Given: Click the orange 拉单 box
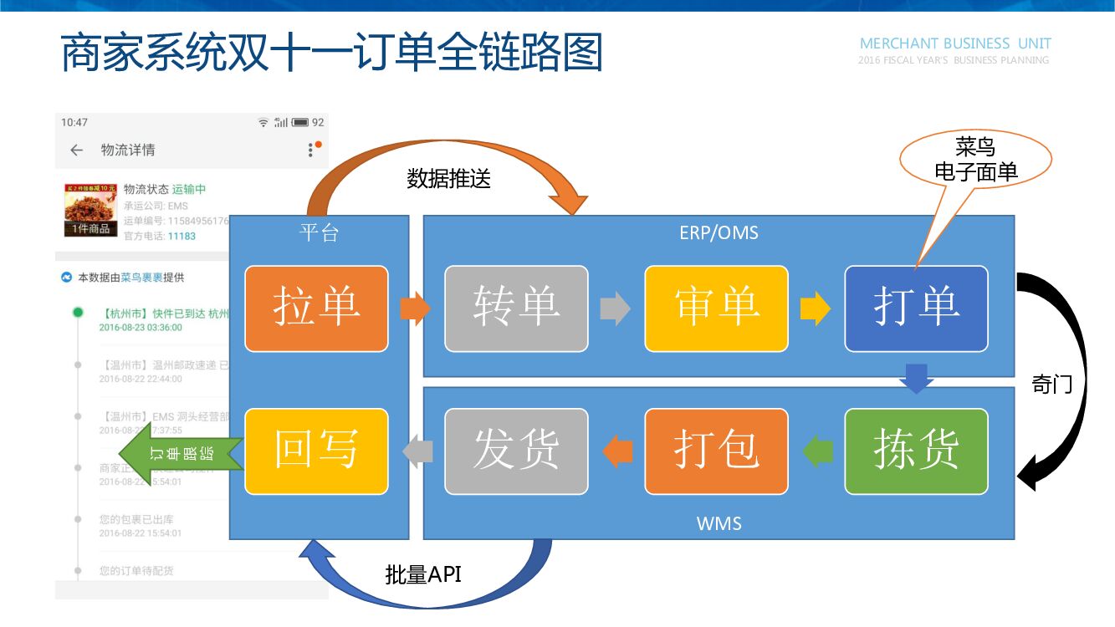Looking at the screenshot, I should coord(316,308).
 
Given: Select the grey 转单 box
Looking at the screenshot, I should coord(516,308).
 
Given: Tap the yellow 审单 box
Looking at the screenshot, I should coord(716,308).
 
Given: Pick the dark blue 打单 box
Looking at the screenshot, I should coord(916,308).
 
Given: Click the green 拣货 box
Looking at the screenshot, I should coord(916,451).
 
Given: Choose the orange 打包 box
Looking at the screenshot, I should coord(716,451).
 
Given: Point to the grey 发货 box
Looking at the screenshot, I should coord(516,451).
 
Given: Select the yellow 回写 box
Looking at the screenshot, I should coord(316,451).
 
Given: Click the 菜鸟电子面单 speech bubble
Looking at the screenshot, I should coord(975,161).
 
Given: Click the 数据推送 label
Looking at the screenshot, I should coord(448,179).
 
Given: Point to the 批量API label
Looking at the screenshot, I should coord(423,575).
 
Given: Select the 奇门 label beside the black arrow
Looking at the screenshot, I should coord(1052,385).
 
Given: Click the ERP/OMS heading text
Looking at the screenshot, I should coord(719,232).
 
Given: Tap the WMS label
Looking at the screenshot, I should coord(719,524).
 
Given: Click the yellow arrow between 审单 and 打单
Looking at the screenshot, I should coord(815,309).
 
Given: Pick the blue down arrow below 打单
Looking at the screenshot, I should coord(917,378).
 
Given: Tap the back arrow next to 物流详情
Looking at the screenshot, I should coord(77,150).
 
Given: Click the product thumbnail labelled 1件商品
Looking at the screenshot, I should coord(90,210).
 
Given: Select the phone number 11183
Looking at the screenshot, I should coord(182,237).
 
